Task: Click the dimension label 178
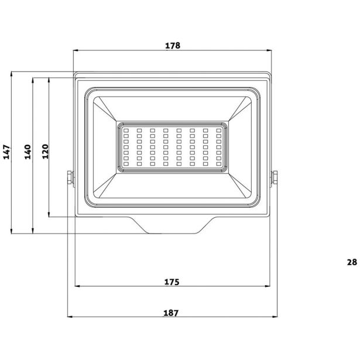(x=173, y=46)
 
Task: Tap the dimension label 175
(x=172, y=282)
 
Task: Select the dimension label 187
(x=171, y=313)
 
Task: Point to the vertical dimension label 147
(x=6, y=152)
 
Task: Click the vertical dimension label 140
(x=28, y=152)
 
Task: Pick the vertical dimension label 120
(x=45, y=152)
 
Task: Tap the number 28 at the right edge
(x=352, y=262)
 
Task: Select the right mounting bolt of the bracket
(x=274, y=177)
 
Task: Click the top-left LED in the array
(x=126, y=131)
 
